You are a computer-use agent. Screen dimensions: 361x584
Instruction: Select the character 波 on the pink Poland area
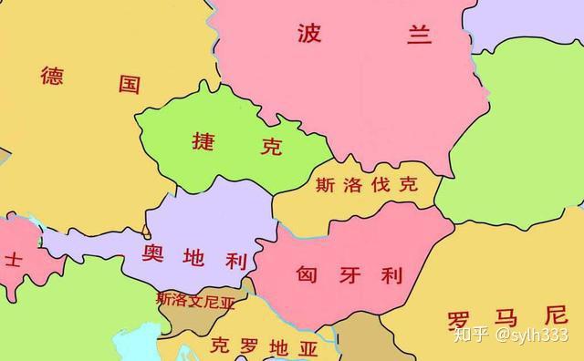pyautogui.click(x=311, y=34)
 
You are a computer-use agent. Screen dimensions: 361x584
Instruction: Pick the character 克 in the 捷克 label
pyautogui.click(x=271, y=147)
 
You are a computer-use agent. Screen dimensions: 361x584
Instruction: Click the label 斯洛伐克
pyautogui.click(x=366, y=184)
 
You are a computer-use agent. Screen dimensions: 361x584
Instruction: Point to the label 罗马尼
pyautogui.click(x=507, y=319)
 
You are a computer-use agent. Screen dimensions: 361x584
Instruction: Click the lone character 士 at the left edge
pyautogui.click(x=14, y=258)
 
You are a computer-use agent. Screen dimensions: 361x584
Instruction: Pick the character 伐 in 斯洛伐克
pyautogui.click(x=381, y=184)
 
